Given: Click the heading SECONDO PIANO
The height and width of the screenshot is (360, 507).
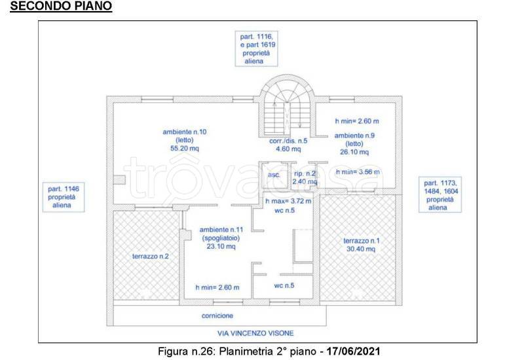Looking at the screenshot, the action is [61, 6].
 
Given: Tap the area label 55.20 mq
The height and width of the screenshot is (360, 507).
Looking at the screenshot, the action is [185, 149].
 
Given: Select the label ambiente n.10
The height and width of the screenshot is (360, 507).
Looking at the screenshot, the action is [185, 132].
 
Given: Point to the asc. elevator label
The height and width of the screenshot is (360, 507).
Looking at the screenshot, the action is [274, 175].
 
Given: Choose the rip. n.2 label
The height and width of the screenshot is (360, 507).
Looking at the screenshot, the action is [305, 173].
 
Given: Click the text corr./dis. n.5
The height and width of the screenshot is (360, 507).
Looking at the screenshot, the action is [288, 141].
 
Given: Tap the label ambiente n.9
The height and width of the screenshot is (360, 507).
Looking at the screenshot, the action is [354, 135].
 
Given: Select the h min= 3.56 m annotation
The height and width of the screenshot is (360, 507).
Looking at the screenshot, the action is [358, 171].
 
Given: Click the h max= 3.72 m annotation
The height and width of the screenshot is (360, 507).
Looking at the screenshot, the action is [288, 201].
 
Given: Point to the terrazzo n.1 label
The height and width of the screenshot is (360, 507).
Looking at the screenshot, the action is [361, 241].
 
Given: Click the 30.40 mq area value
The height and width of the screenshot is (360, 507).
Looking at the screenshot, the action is [361, 249].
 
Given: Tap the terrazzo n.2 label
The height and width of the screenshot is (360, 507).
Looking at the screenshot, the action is [151, 257].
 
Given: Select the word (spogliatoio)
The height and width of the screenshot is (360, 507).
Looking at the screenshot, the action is [221, 238].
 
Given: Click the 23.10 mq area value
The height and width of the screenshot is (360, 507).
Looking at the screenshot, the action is [221, 246].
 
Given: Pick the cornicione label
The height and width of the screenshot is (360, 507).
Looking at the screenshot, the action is [217, 315].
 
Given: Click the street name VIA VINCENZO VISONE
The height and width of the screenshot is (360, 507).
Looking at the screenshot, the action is [255, 333].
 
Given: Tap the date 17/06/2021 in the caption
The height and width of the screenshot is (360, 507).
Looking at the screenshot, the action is [353, 351].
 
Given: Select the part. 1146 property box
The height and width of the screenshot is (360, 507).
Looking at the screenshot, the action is [64, 197].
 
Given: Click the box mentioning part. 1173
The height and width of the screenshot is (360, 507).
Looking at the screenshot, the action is [440, 194].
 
